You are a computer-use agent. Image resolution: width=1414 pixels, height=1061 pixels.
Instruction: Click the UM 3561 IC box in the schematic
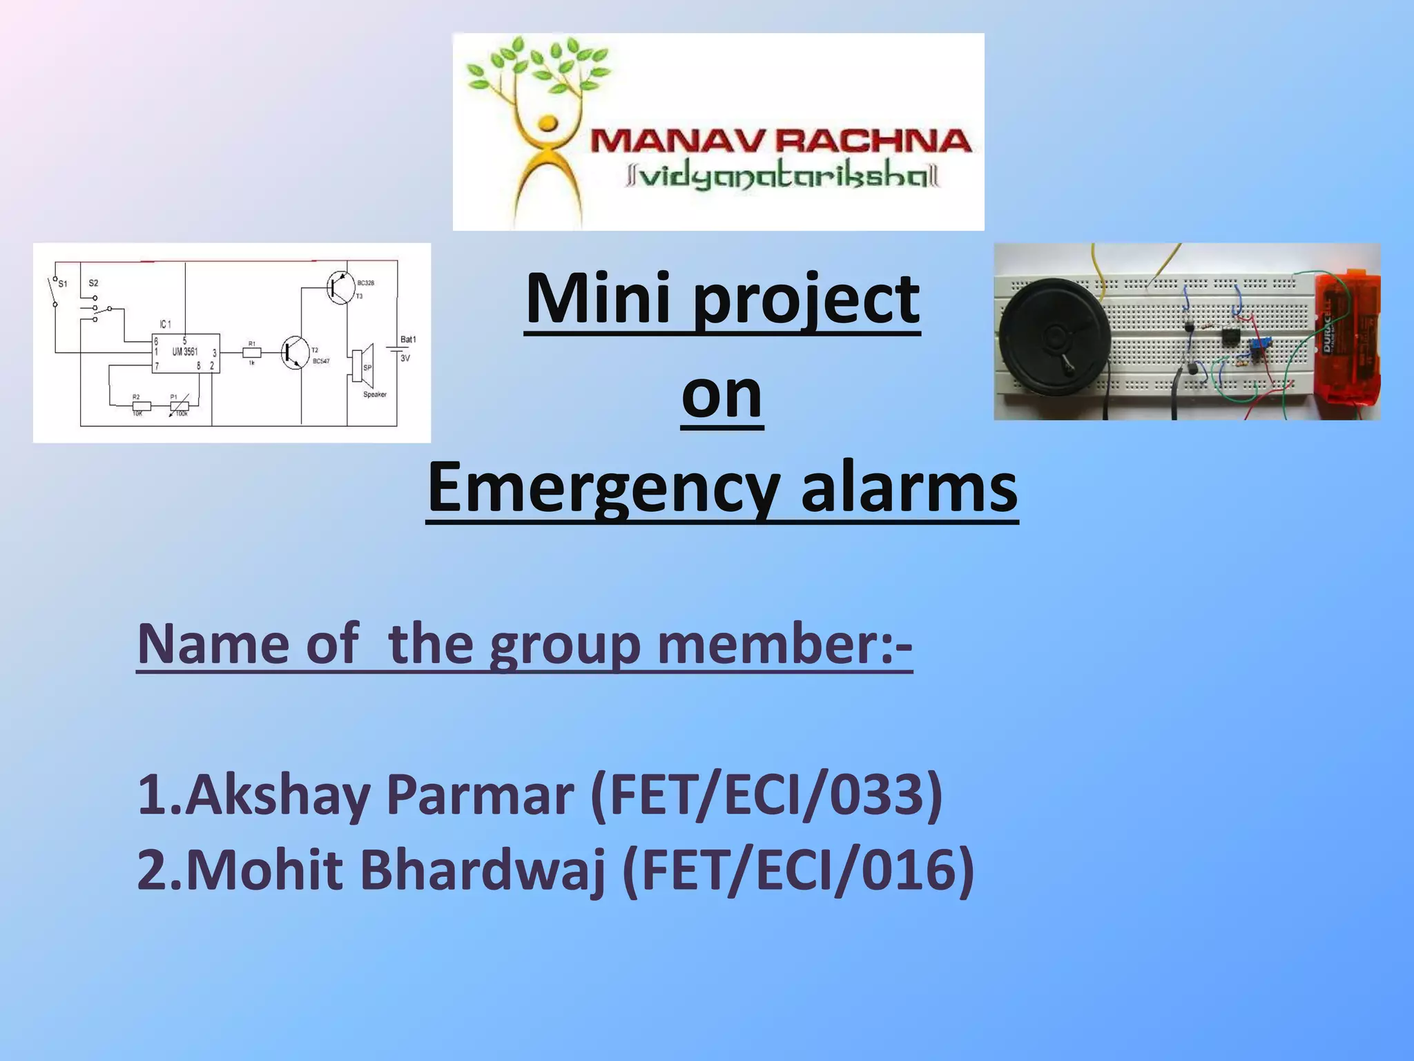pos(186,353)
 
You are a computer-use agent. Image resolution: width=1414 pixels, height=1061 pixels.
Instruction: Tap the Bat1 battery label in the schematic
pos(408,339)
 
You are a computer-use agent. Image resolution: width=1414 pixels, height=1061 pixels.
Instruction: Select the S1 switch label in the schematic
pos(63,283)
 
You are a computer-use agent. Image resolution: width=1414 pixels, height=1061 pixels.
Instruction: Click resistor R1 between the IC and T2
pos(251,352)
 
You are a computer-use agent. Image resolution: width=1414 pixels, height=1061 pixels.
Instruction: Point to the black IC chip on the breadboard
pos(1230,337)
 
